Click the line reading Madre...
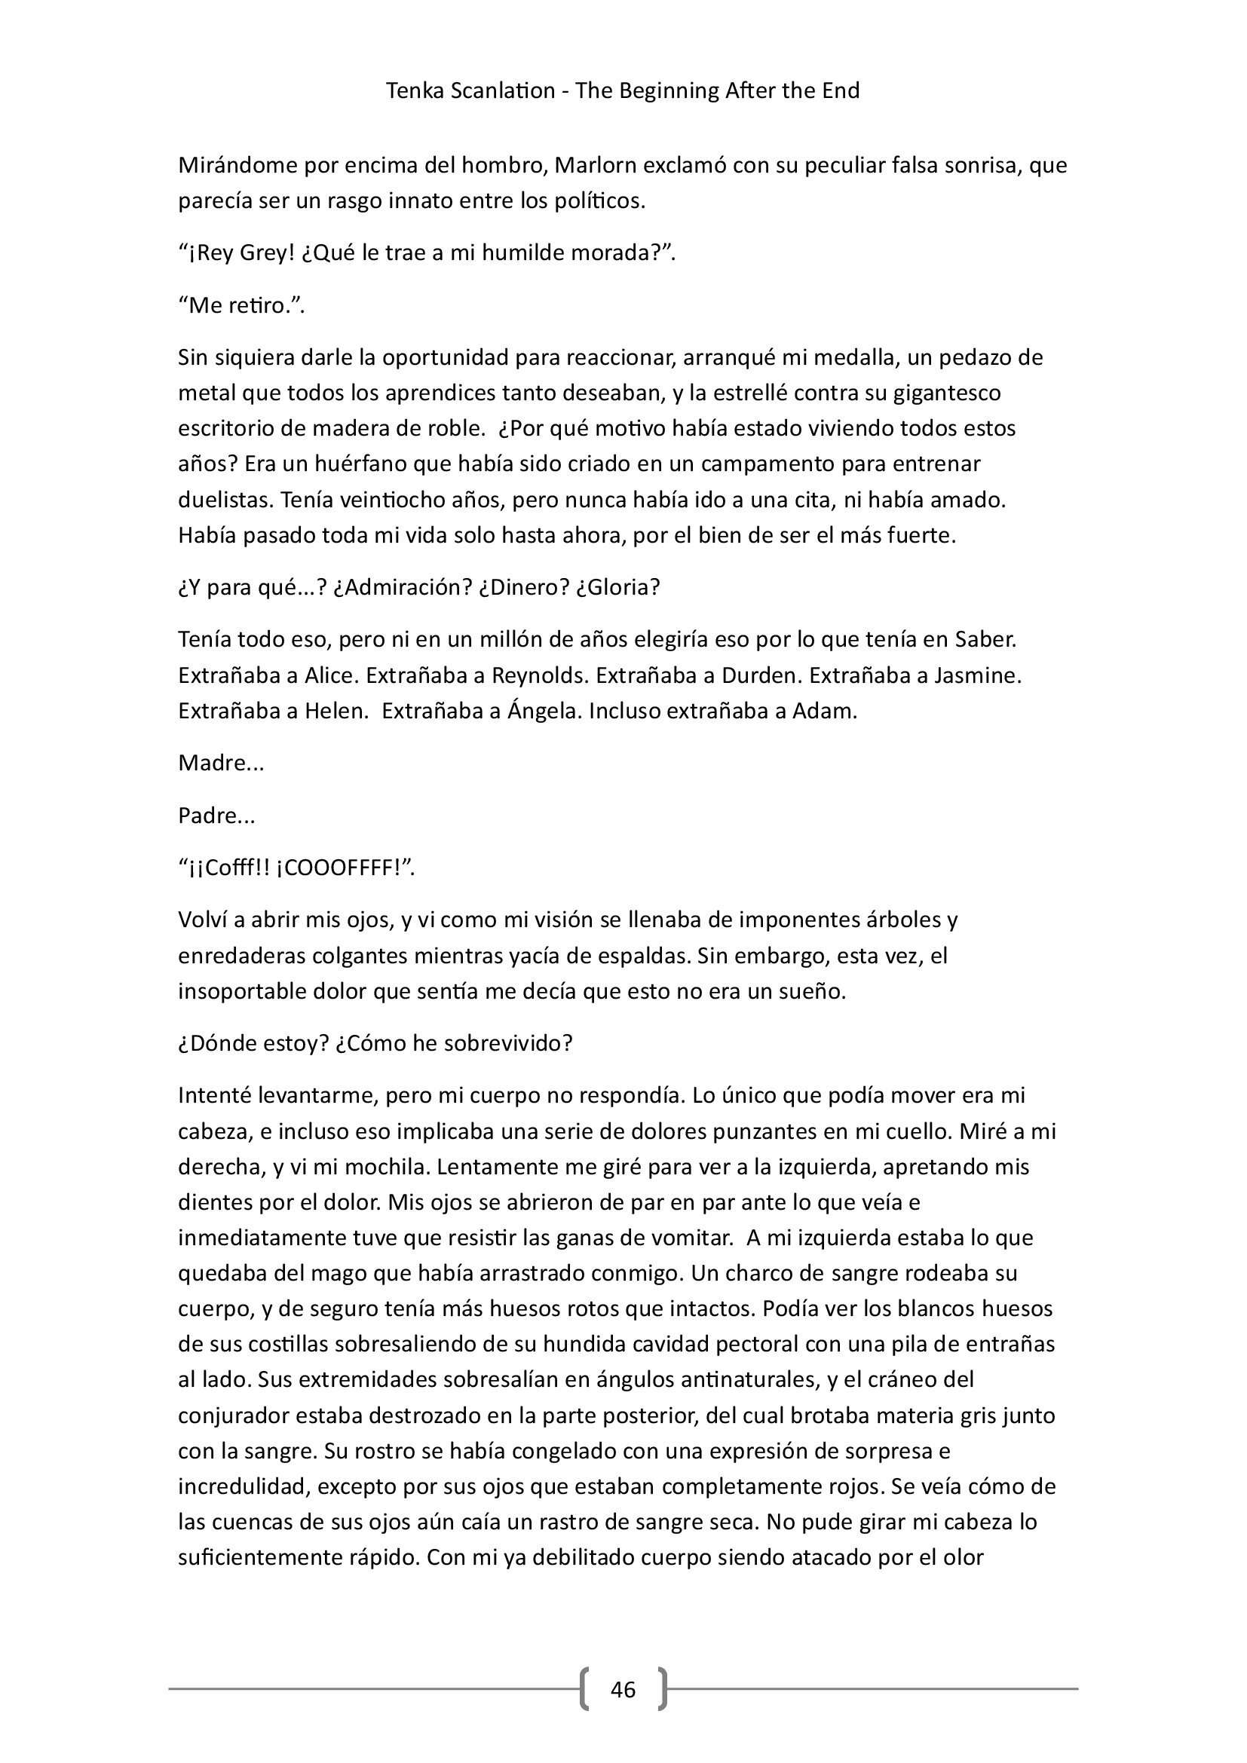[221, 764]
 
